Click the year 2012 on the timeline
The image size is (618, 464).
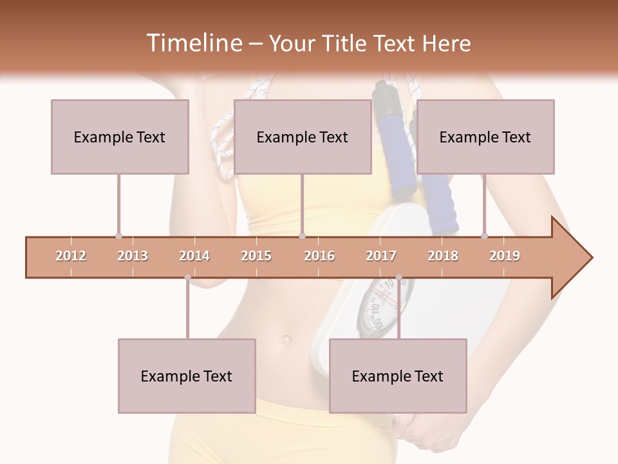pyautogui.click(x=71, y=256)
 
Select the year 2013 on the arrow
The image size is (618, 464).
pyautogui.click(x=133, y=256)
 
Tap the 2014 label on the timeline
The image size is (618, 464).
pyautogui.click(x=194, y=256)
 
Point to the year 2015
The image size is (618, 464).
pyautogui.click(x=256, y=256)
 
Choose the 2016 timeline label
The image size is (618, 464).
pyautogui.click(x=319, y=256)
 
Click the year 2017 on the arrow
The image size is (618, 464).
pyautogui.click(x=381, y=256)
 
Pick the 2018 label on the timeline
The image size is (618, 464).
pyautogui.click(x=443, y=256)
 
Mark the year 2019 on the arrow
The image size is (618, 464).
pyautogui.click(x=505, y=256)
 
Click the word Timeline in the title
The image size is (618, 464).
pyautogui.click(x=192, y=43)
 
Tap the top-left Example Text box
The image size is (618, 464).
pyautogui.click(x=120, y=137)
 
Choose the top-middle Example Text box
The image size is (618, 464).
pyautogui.click(x=303, y=137)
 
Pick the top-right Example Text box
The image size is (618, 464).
pyautogui.click(x=485, y=137)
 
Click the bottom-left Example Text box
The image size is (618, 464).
pyautogui.click(x=187, y=376)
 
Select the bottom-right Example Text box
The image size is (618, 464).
pyautogui.click(x=398, y=376)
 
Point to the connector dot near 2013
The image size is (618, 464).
pyautogui.click(x=118, y=237)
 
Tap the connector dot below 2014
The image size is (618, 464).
pyautogui.click(x=187, y=277)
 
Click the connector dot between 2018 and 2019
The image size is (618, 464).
pyautogui.click(x=484, y=237)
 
